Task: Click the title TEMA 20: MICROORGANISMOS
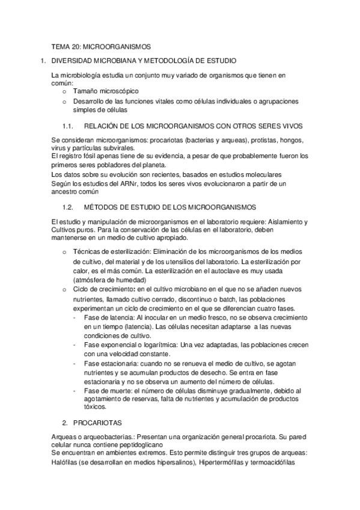coord(101,46)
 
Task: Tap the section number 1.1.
coord(67,126)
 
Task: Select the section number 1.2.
coord(67,207)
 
